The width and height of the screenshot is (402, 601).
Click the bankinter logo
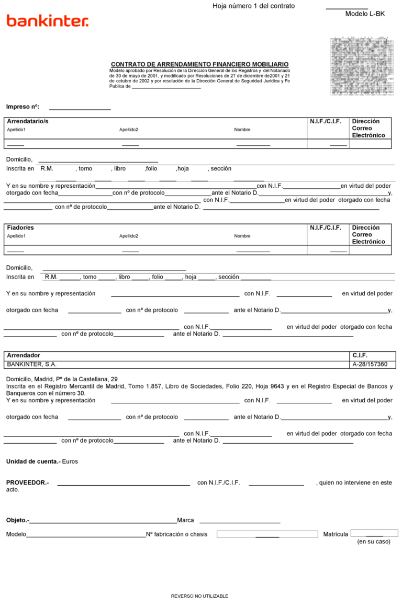(48, 21)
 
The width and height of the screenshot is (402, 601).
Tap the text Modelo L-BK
(365, 14)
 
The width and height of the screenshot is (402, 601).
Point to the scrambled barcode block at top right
(362, 67)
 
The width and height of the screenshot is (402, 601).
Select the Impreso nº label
(23, 107)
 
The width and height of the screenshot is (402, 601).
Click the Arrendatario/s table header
(28, 122)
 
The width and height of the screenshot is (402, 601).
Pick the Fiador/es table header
(20, 228)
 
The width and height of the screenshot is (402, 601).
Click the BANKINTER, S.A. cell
(32, 364)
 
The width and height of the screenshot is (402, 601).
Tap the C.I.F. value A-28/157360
(370, 364)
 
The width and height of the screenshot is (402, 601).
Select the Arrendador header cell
(24, 356)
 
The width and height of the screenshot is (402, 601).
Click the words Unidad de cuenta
(33, 462)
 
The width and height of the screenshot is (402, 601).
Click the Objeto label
(17, 520)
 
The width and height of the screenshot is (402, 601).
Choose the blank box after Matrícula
(374, 533)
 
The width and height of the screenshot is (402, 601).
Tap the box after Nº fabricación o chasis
(267, 534)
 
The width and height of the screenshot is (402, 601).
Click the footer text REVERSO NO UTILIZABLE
(199, 596)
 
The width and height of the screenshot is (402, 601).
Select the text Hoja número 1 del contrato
(253, 6)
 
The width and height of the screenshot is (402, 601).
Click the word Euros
(70, 462)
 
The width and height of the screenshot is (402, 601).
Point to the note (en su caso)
(373, 542)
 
